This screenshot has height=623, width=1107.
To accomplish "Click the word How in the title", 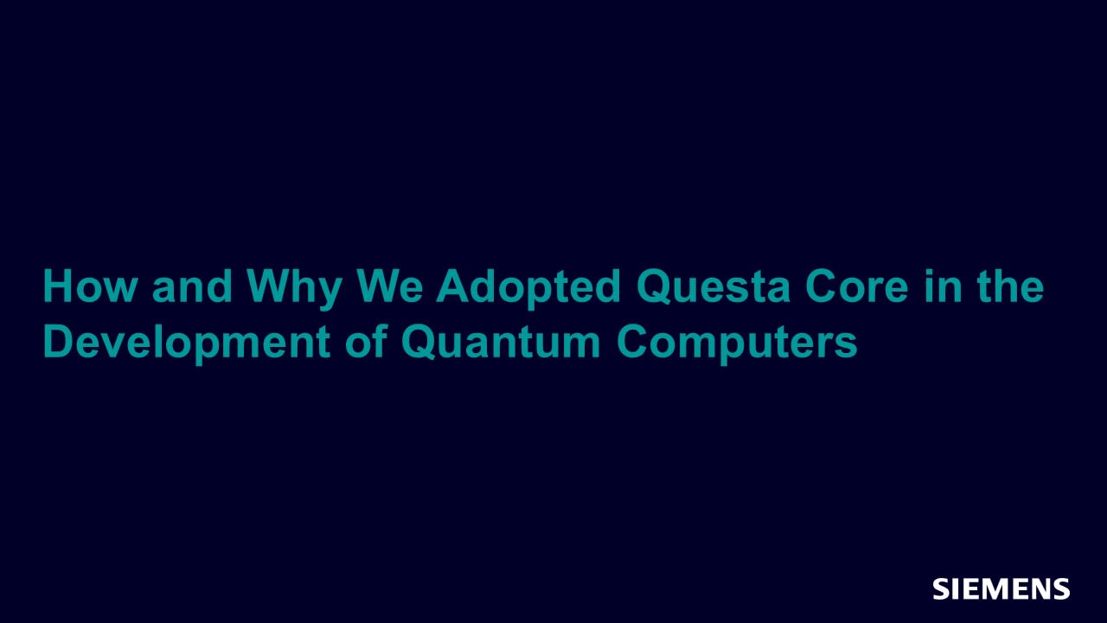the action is [x=89, y=286].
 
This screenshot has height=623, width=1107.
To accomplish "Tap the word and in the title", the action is [x=192, y=286].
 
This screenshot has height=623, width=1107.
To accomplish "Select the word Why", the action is [x=295, y=290].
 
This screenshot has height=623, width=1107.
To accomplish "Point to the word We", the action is [x=390, y=286].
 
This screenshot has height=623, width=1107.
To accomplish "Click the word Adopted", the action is [x=528, y=290].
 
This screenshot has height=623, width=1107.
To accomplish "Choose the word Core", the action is [x=857, y=286].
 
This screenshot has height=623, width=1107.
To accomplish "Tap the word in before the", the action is [x=943, y=286].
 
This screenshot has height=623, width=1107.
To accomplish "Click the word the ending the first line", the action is [x=1010, y=286].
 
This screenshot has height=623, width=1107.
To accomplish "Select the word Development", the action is [x=187, y=344].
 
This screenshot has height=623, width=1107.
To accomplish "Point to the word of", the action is [x=366, y=341].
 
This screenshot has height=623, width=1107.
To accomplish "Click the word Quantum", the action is [x=501, y=342].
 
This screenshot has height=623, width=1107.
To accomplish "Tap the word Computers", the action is [x=737, y=344].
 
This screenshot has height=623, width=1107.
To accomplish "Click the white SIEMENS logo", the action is [x=1001, y=589].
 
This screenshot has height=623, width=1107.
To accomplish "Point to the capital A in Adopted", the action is [x=451, y=286].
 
